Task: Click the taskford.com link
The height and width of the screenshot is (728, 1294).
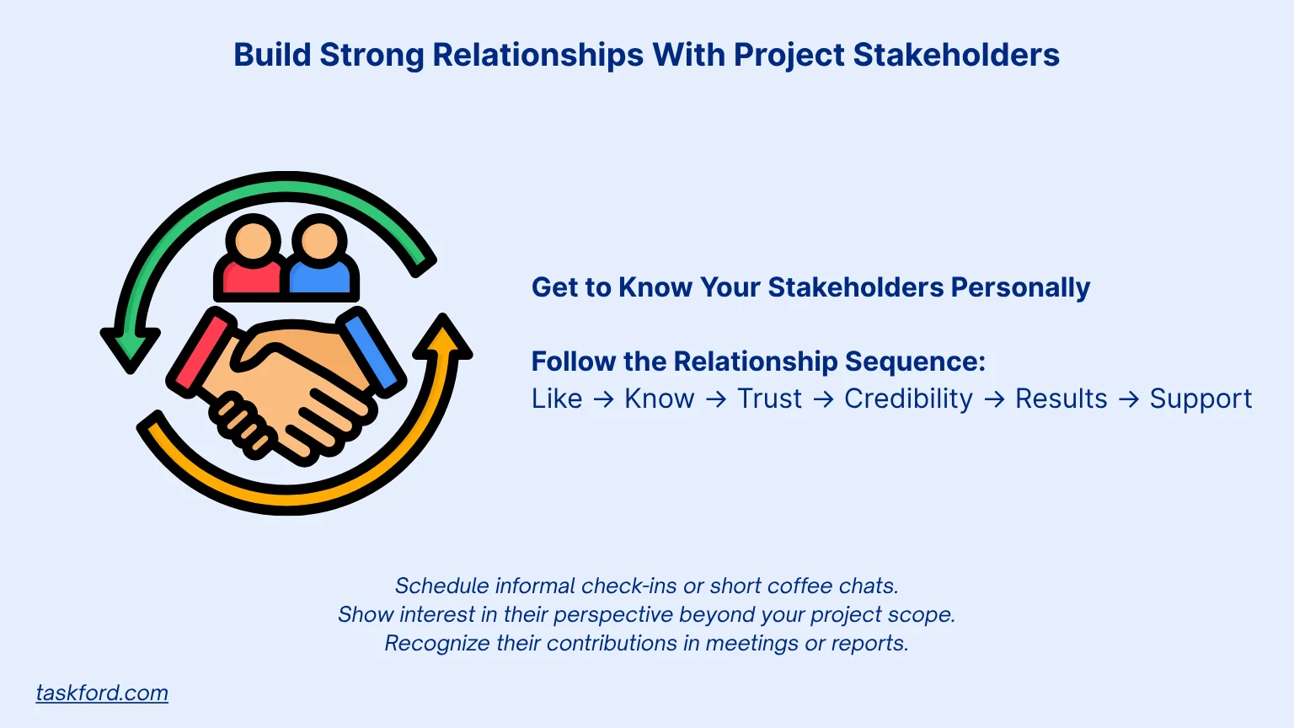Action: tap(102, 693)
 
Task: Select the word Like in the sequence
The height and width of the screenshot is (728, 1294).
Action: tap(557, 399)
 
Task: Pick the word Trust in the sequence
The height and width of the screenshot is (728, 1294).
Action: tap(769, 399)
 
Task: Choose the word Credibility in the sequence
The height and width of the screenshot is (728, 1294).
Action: tap(908, 399)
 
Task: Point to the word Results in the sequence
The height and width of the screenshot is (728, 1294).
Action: tap(1061, 399)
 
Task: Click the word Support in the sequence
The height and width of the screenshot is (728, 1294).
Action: tap(1200, 399)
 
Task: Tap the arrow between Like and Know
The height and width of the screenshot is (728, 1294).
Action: tap(603, 399)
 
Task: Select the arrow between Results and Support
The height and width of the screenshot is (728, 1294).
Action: tap(1129, 399)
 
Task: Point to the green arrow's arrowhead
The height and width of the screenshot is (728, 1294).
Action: tap(130, 345)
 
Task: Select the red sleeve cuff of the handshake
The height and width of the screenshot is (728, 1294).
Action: tap(200, 351)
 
